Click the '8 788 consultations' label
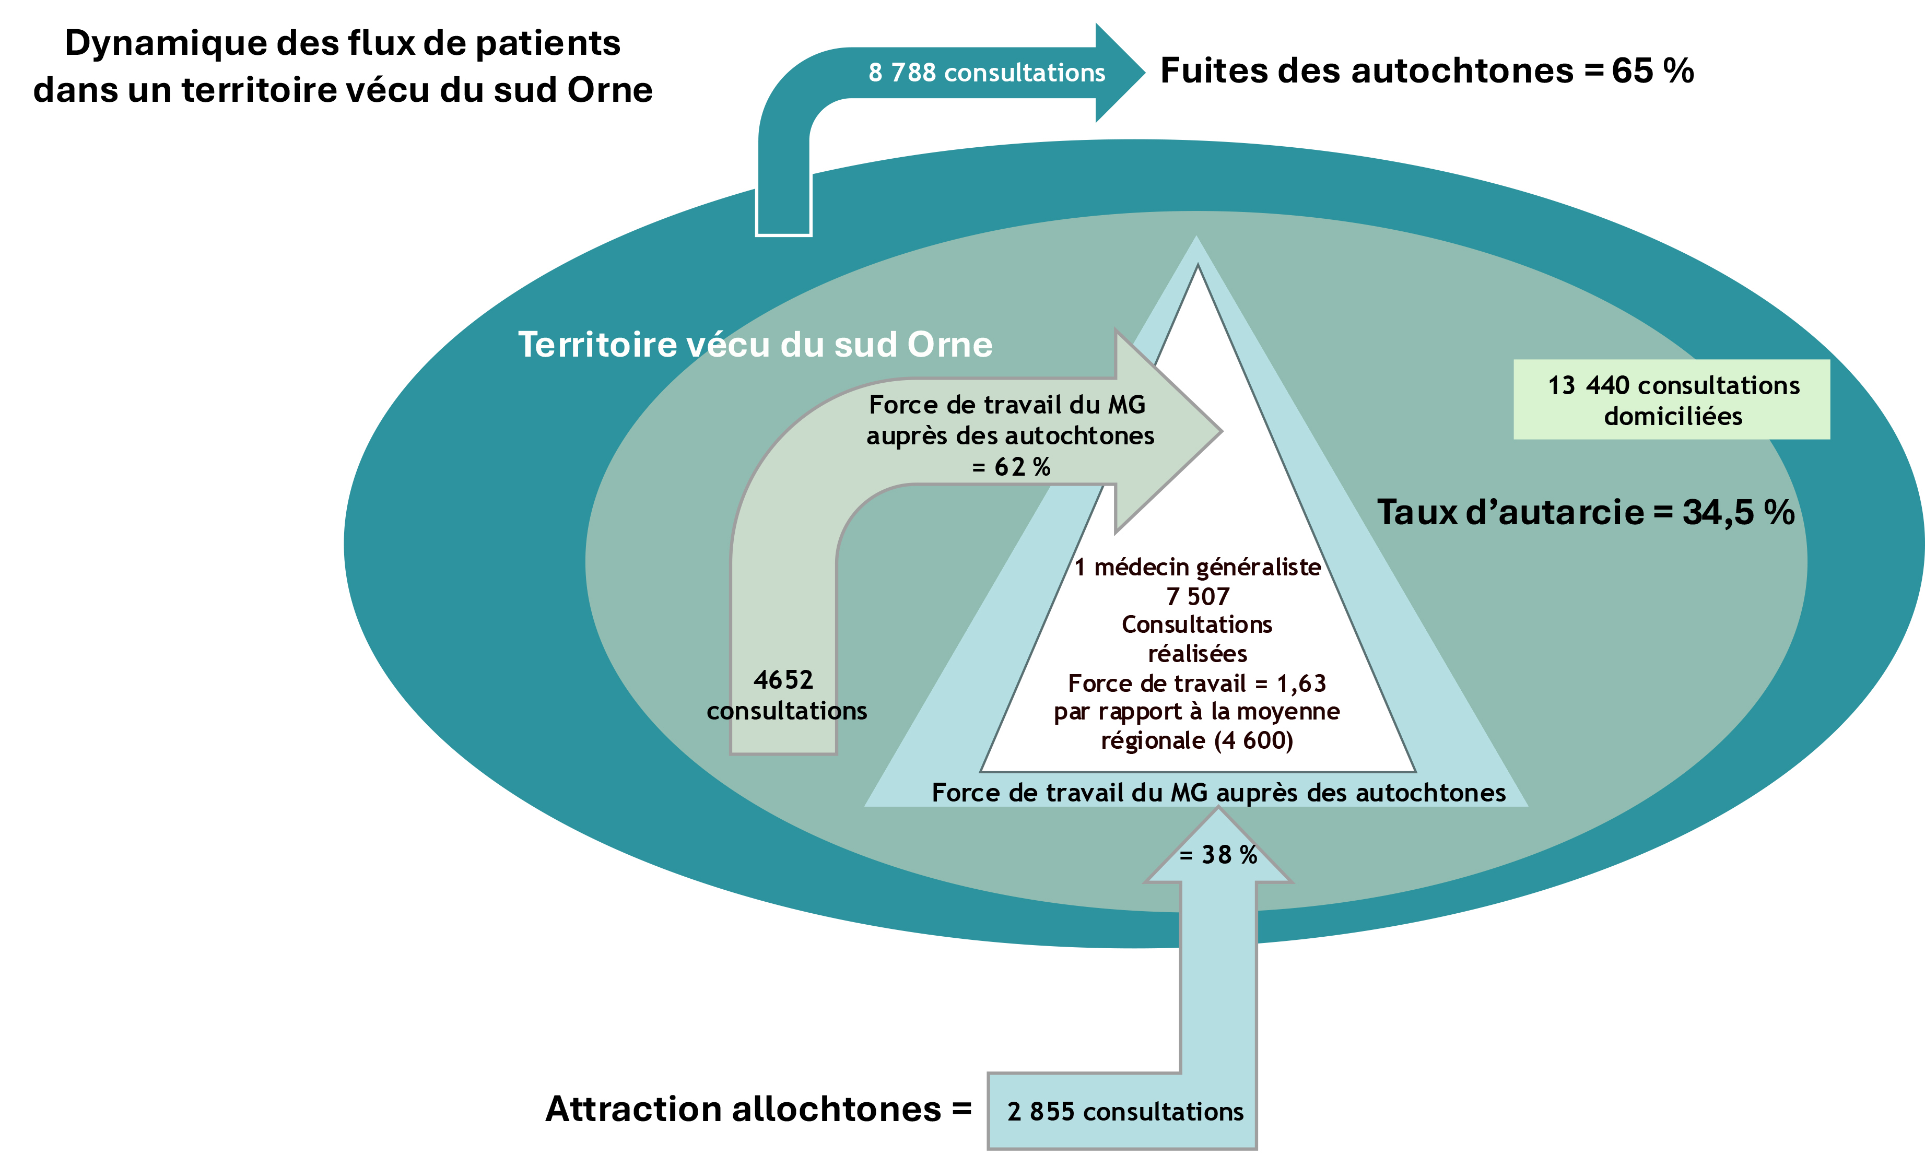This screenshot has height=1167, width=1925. click(986, 73)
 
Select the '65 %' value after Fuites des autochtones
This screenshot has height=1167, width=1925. click(1652, 71)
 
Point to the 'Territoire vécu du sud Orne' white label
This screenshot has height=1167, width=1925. click(755, 345)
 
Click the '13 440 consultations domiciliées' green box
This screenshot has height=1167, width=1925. click(1671, 400)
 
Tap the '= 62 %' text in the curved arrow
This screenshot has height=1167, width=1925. click(1011, 467)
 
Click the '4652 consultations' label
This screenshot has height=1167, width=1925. click(786, 695)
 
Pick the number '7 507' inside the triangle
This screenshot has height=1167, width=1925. click(1197, 597)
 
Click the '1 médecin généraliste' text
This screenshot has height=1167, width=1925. click(1197, 567)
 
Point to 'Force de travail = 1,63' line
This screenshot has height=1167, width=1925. click(1197, 683)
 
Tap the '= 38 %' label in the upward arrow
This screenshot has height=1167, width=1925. click(1218, 855)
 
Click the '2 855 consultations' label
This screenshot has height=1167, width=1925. click(1125, 1112)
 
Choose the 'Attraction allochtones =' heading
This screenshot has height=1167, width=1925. click(758, 1109)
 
